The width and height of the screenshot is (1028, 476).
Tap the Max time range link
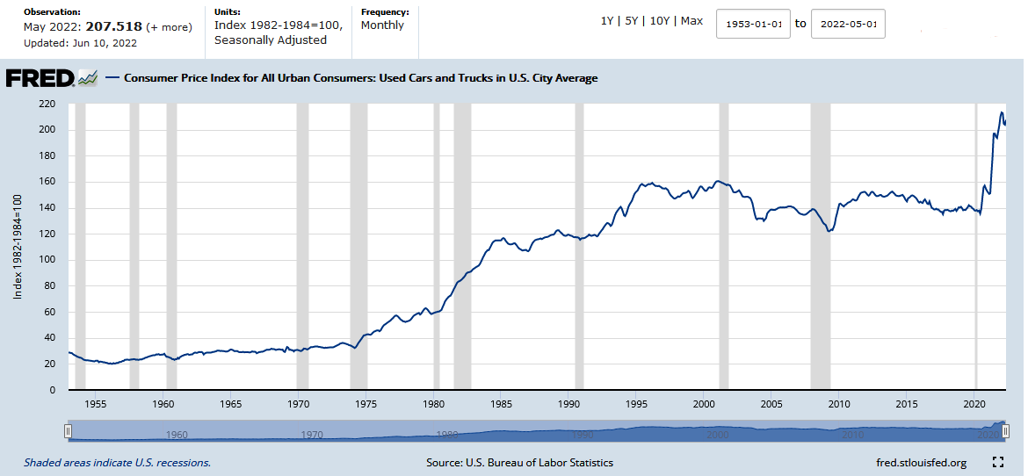click(x=691, y=21)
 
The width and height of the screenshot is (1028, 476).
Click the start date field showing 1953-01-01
click(x=753, y=24)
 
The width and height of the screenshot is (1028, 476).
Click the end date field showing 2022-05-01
click(x=847, y=24)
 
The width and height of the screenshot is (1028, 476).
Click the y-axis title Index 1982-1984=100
click(x=18, y=247)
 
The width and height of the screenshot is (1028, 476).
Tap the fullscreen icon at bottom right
click(x=997, y=462)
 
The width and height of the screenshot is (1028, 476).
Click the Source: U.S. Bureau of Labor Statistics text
click(x=519, y=463)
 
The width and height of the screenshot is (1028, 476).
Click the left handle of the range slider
click(x=68, y=431)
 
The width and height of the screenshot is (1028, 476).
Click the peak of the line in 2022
click(x=1001, y=112)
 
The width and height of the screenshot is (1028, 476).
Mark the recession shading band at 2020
click(x=975, y=246)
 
